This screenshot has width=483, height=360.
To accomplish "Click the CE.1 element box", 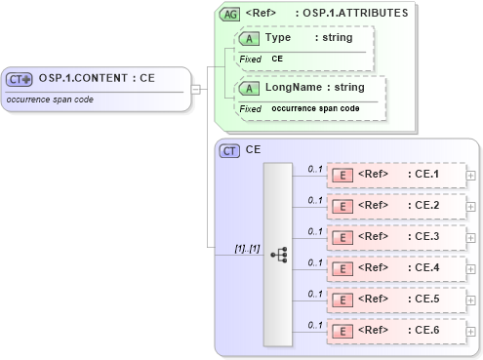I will [395, 175].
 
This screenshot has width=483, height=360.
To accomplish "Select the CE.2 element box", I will [395, 206].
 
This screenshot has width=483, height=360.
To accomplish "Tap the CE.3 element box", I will [395, 237].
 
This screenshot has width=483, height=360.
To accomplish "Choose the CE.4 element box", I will [395, 268].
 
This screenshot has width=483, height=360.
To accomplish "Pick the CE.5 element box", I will [395, 300].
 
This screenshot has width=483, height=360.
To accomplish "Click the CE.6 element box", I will [395, 331].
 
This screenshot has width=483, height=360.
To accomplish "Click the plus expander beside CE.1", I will [472, 175].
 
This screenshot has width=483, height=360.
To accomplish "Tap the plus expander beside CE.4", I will [472, 268].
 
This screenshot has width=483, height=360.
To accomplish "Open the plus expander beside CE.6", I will [472, 331].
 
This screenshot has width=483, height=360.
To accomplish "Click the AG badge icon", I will [230, 14].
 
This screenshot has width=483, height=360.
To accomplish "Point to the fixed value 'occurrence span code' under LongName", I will [314, 108].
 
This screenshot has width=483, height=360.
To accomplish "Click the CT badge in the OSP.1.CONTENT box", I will [20, 79].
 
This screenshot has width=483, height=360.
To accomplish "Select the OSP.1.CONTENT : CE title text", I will [97, 79].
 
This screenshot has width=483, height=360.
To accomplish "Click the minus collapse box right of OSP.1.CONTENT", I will [196, 90].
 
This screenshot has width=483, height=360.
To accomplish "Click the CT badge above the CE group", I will [230, 151].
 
